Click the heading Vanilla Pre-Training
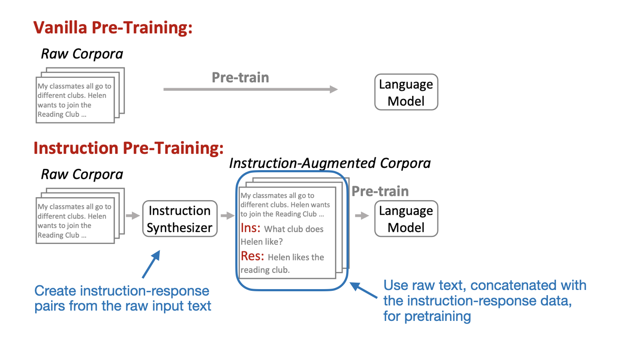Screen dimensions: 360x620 112,28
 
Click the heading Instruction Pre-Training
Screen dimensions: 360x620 128,148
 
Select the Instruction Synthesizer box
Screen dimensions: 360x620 179,219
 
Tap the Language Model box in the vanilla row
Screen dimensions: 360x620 406,92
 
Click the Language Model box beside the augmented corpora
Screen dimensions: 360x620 406,219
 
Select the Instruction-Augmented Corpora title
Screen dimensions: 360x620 329,163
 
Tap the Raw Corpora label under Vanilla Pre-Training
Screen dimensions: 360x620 82,54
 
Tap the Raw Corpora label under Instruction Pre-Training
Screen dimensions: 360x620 82,174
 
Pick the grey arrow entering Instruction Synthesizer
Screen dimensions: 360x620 133,216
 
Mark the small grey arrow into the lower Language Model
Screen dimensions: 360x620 363,216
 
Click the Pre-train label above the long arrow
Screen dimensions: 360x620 240,77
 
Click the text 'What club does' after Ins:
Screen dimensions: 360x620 294,229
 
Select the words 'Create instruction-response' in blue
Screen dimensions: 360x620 122,291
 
